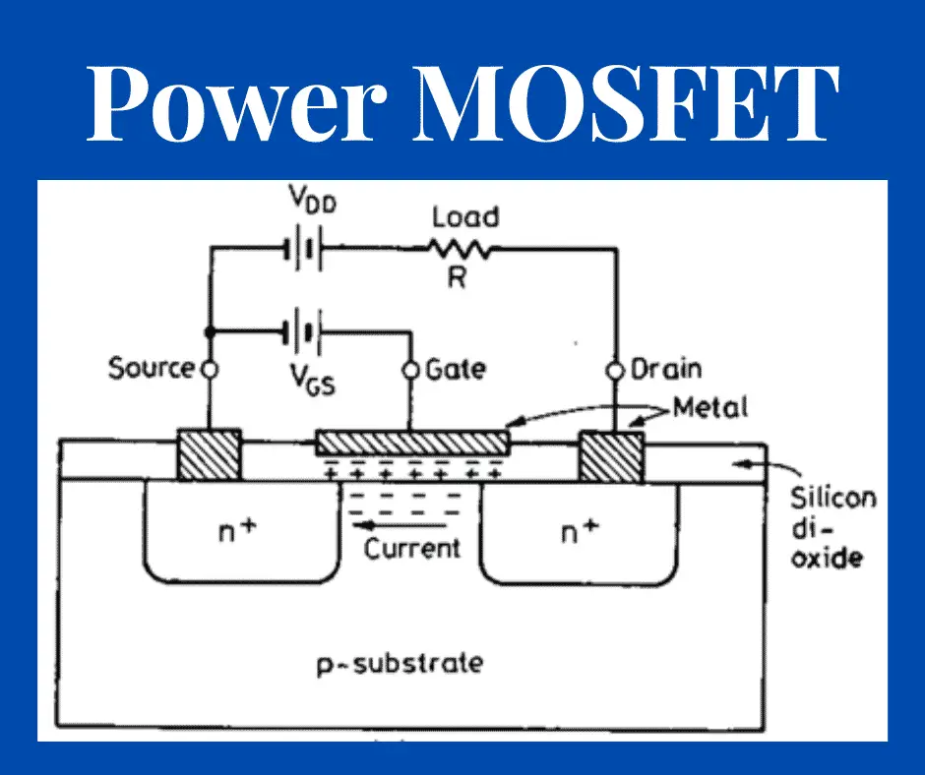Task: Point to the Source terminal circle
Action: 209,370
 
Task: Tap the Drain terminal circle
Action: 615,370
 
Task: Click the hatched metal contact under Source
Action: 209,454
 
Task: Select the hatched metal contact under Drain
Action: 611,456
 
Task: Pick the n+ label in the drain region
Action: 579,533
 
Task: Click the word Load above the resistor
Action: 465,216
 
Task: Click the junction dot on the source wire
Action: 209,330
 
